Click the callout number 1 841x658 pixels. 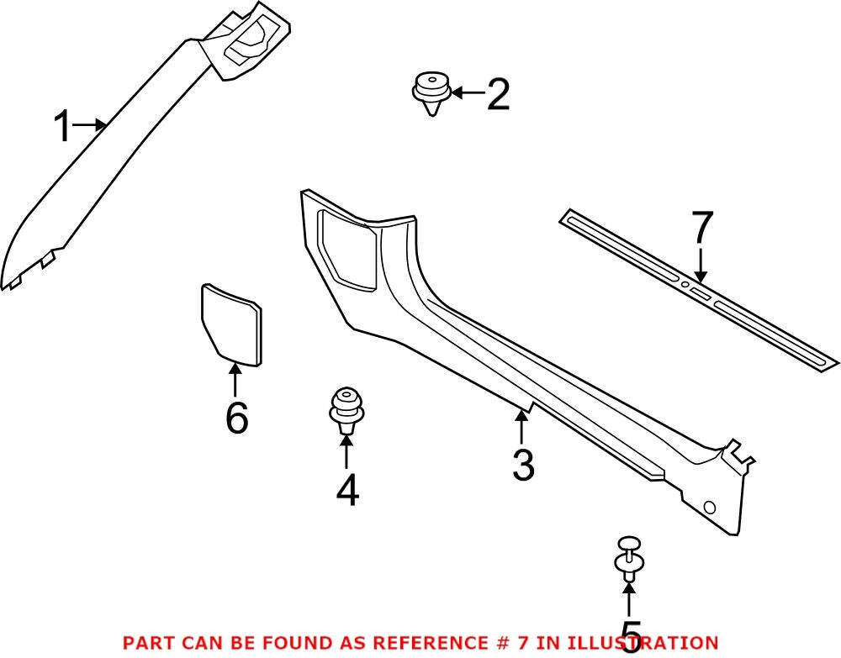tap(62, 128)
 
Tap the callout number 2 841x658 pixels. tap(498, 94)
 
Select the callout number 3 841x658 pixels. tap(523, 465)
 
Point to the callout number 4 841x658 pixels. tap(346, 491)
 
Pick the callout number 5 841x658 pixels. tap(630, 634)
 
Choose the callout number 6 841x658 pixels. tap(236, 418)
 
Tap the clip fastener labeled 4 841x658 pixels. tap(346, 408)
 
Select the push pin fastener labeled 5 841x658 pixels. tap(629, 556)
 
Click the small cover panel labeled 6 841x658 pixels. tap(231, 324)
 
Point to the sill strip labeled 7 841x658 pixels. tap(698, 290)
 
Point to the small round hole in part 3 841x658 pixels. tap(708, 508)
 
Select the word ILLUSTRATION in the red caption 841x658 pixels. tap(647, 643)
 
